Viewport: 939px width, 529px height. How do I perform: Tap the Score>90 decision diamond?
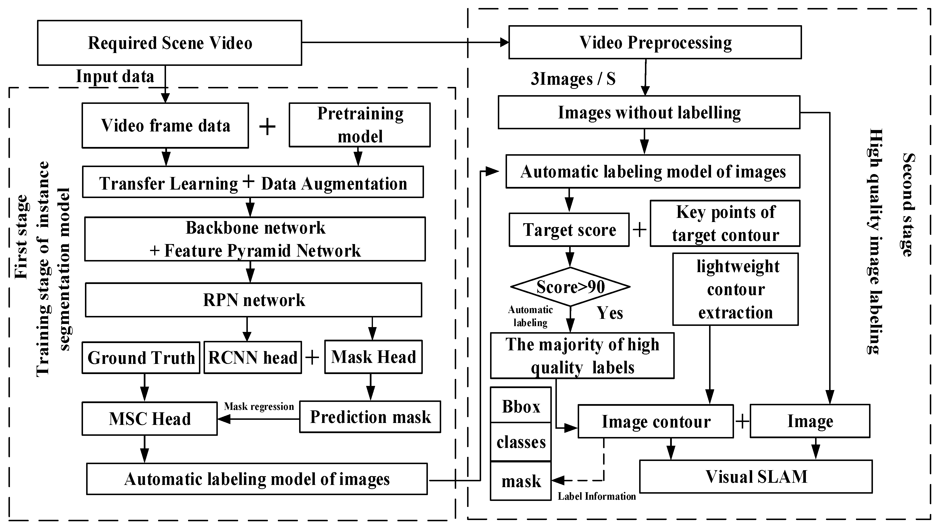[x=570, y=287]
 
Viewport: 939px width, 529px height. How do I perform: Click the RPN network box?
[x=254, y=300]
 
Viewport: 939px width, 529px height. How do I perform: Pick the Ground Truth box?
[x=141, y=358]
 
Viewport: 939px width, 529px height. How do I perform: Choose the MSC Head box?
[x=150, y=419]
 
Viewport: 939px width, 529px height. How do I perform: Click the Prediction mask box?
[x=370, y=417]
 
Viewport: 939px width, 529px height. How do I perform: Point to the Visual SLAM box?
[x=756, y=476]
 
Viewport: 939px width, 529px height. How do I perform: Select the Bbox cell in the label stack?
[x=521, y=406]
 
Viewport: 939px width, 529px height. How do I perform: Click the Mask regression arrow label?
[x=259, y=406]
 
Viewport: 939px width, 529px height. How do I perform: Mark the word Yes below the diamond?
[x=609, y=313]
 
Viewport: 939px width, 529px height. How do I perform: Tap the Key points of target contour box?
[x=725, y=223]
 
